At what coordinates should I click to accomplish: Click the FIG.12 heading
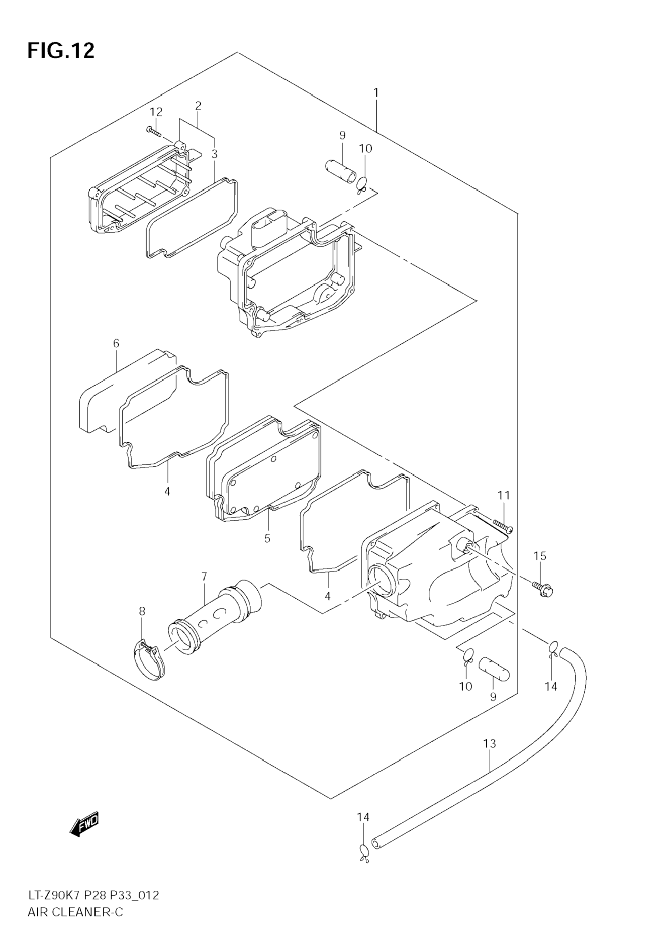pos(61,51)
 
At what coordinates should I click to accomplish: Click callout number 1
pos(376,93)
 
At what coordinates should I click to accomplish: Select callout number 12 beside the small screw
pos(156,112)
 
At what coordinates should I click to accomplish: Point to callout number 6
pos(116,343)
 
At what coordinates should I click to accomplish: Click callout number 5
pos(267,538)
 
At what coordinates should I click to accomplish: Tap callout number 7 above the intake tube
pos(204,577)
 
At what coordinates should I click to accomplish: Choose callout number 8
pos(142,623)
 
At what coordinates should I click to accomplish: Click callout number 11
pos(504,495)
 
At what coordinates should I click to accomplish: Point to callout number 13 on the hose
pos(490,743)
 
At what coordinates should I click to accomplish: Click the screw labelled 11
pos(503,526)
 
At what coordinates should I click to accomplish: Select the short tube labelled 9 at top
pos(341,171)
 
